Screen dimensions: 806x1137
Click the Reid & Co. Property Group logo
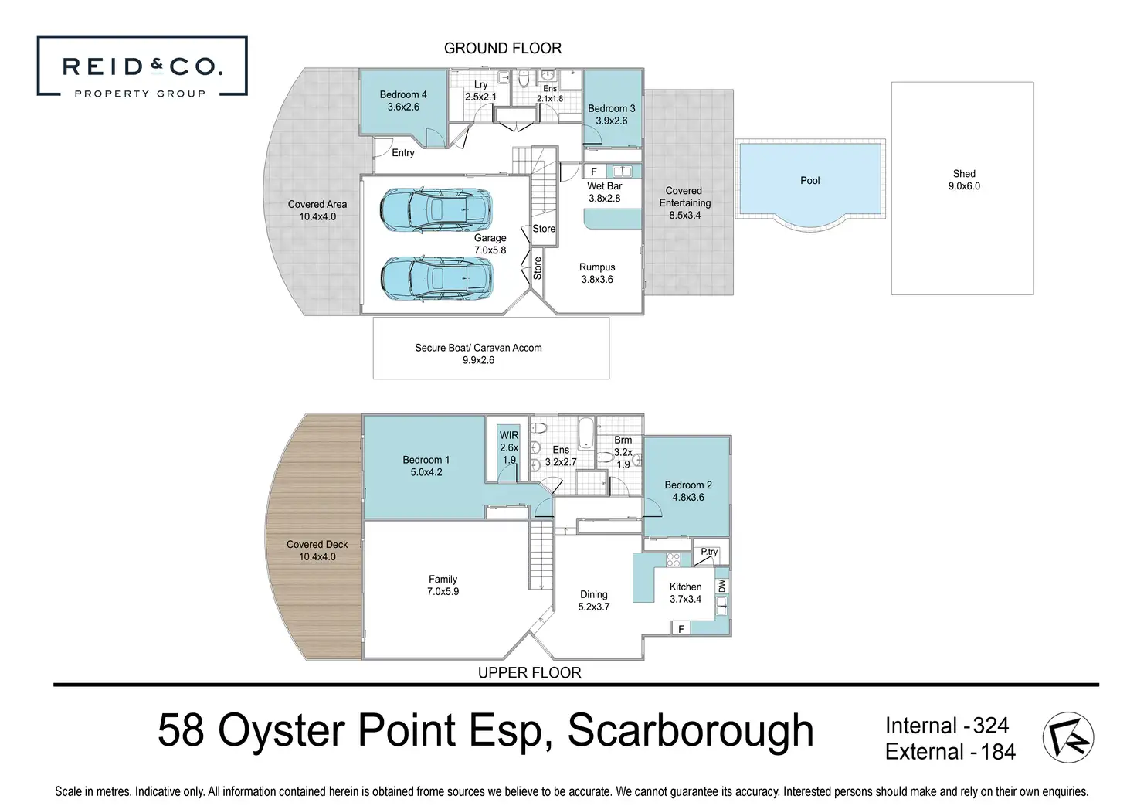[x=142, y=66]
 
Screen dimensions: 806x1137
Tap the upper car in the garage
[x=436, y=209]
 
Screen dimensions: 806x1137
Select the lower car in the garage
[x=436, y=277]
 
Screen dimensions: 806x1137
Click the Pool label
[x=809, y=180]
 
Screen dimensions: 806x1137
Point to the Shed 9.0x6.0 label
[x=964, y=180]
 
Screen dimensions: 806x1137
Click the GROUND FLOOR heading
[x=503, y=48]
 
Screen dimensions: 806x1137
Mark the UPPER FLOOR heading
[x=529, y=672]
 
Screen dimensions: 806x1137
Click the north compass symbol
[x=1068, y=737]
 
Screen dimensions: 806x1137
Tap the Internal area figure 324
[x=990, y=726]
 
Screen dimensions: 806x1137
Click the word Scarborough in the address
[x=691, y=731]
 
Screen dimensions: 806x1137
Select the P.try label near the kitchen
[x=709, y=552]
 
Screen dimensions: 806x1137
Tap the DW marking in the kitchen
[x=722, y=587]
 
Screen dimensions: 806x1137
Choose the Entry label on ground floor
[x=402, y=153]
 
